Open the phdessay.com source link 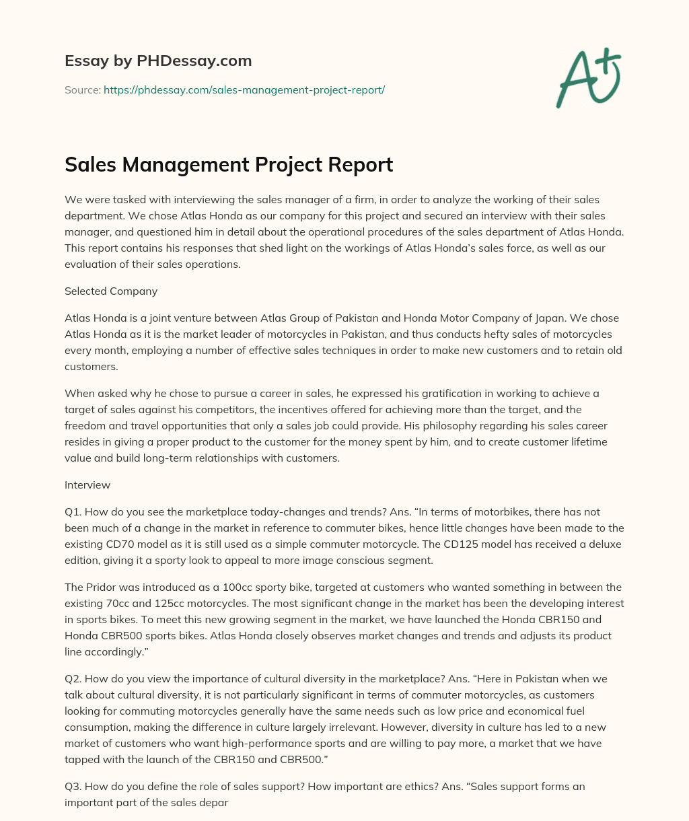tap(244, 90)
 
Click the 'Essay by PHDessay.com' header tap(158, 61)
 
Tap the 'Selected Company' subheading tap(111, 291)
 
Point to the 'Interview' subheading tap(87, 485)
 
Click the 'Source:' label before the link tap(82, 90)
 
